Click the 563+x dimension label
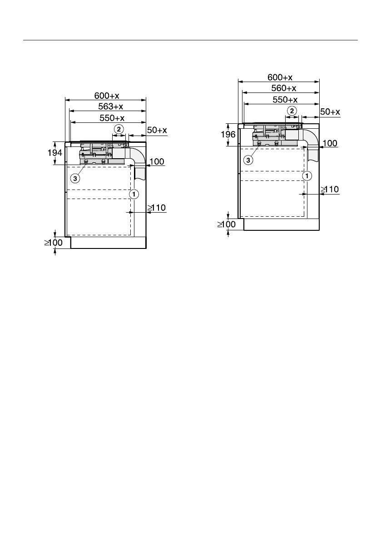(111, 107)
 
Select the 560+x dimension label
(284, 88)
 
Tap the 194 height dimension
(55, 152)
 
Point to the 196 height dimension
(228, 134)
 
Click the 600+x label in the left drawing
(107, 95)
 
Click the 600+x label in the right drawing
(280, 77)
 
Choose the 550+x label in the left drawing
(112, 118)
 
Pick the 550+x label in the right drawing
(285, 100)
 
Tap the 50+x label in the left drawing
(157, 130)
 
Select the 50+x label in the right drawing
(330, 112)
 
